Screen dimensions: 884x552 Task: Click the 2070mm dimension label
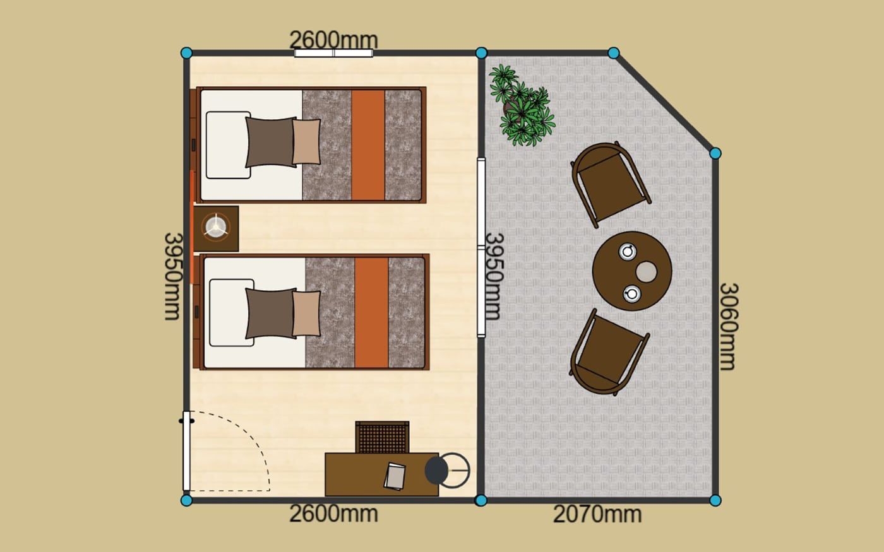coord(597,514)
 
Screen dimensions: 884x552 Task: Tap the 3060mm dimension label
coord(727,327)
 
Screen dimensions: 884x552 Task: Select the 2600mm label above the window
coord(333,40)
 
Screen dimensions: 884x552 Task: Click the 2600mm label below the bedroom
coord(333,514)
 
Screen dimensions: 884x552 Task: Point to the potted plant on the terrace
coord(522,105)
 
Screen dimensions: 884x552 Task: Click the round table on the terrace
coord(632,271)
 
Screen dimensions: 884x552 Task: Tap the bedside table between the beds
coord(216,228)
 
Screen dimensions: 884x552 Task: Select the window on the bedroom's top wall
coord(333,53)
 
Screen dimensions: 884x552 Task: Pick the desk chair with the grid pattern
coord(382,437)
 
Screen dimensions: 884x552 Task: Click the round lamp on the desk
coord(447,471)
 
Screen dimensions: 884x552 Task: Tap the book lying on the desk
coord(395,476)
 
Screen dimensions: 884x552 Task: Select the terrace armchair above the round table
coord(610,184)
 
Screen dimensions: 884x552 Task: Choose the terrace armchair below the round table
coord(609,352)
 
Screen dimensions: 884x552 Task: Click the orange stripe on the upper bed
coord(368,145)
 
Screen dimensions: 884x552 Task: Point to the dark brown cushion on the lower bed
coord(271,314)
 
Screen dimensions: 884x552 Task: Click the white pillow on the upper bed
coord(228,145)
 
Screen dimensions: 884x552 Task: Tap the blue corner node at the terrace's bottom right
coord(715,500)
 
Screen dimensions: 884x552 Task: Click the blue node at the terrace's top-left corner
coord(481,53)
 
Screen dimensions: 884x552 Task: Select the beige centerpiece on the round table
coord(646,272)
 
